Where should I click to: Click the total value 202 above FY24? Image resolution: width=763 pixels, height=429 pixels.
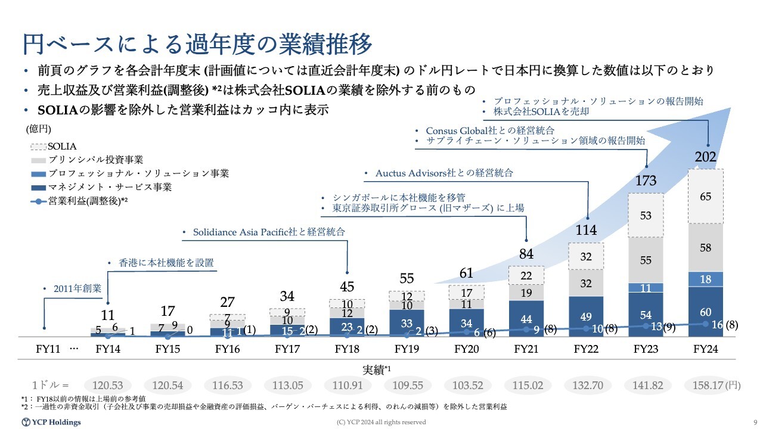coord(705,158)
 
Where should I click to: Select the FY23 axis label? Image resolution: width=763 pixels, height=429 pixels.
coord(646,349)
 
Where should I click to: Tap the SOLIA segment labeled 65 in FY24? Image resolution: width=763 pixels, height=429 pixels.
coord(705,196)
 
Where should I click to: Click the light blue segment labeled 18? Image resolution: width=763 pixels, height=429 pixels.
coord(705,279)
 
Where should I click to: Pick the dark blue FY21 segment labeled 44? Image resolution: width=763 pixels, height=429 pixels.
coord(526,319)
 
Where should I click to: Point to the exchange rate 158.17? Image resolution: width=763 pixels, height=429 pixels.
coord(706,386)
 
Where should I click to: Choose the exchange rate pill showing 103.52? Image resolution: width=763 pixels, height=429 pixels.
coord(467,386)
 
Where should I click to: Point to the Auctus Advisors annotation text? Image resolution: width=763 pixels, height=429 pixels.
coord(443,173)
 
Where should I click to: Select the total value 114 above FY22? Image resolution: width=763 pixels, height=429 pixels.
coord(587,230)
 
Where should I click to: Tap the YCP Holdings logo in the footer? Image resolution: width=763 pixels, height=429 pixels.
coord(51,422)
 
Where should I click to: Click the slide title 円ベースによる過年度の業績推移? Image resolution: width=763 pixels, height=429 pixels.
coord(197,44)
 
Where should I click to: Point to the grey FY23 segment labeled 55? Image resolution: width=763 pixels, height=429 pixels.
coord(646,260)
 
